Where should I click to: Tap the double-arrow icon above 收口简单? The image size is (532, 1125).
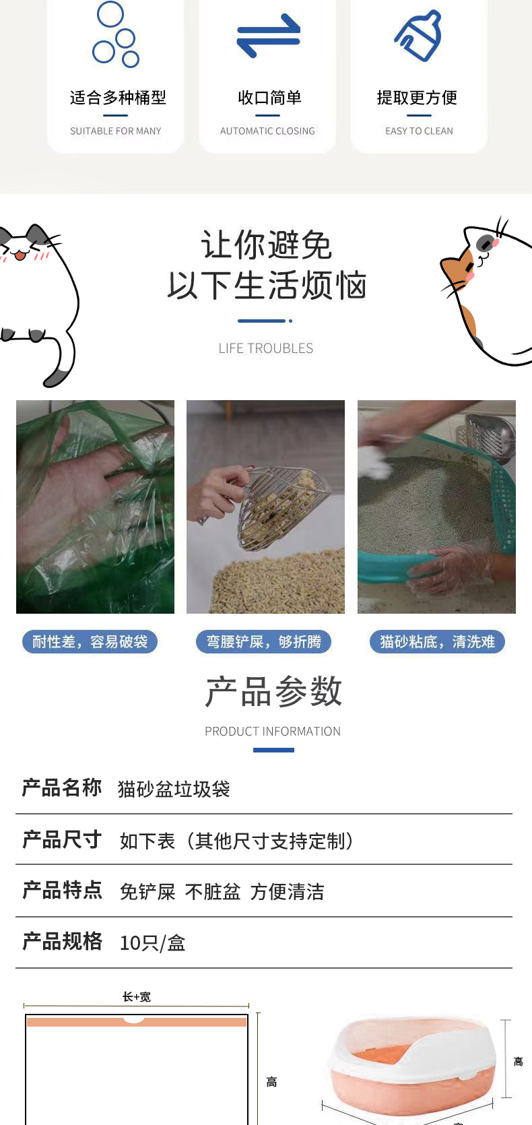[268, 35]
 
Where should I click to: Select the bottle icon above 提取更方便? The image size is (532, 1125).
[418, 36]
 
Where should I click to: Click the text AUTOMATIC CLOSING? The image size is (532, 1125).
[267, 131]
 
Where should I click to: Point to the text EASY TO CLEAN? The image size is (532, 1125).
[419, 131]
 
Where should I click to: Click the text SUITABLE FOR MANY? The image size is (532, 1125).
[115, 131]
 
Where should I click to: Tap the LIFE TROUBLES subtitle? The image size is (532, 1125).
[265, 348]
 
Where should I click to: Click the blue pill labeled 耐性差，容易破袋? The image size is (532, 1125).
[90, 641]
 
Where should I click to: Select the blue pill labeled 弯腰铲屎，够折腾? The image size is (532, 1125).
[263, 641]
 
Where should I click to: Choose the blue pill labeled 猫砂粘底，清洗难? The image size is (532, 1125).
[437, 641]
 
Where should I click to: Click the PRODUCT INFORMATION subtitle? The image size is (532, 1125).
[273, 732]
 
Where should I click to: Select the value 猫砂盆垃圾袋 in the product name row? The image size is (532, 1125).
[174, 789]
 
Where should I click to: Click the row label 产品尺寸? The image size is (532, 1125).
[62, 840]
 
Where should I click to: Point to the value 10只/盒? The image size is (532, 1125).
[153, 942]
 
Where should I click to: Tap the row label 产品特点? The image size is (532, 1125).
[62, 891]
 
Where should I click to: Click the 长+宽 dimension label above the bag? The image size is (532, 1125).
[137, 996]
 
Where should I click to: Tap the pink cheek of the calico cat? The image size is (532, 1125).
[470, 276]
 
